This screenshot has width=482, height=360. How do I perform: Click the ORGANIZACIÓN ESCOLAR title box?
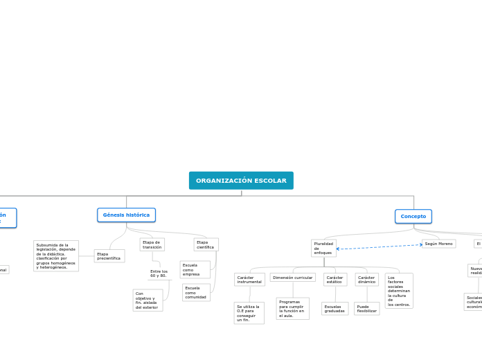[x=241, y=181]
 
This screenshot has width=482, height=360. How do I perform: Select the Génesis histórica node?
[x=126, y=215]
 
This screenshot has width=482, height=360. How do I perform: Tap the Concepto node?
[x=413, y=217]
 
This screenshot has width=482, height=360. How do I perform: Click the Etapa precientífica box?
[x=109, y=256]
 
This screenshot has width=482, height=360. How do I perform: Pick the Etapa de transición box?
[x=152, y=244]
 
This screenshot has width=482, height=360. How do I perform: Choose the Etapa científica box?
[x=206, y=244]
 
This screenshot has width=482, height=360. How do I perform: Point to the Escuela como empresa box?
[x=194, y=269]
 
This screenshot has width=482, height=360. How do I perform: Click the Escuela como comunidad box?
[x=196, y=292]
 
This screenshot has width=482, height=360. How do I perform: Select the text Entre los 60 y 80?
[x=159, y=273]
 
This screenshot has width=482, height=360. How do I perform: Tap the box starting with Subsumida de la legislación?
[x=56, y=256]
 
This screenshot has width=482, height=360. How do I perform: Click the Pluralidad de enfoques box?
[x=323, y=248]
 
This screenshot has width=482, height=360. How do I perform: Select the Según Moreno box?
[x=438, y=244]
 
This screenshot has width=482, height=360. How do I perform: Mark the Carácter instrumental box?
[x=249, y=280]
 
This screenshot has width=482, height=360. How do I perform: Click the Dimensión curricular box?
[x=292, y=278]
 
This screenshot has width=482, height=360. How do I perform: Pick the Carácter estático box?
[x=334, y=280]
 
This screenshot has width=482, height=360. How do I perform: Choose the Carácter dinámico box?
[x=366, y=280]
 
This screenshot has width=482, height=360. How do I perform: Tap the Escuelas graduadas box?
[x=334, y=308]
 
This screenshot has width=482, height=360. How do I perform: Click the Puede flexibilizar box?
[x=366, y=308]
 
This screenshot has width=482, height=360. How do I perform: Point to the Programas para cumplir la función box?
[x=292, y=308]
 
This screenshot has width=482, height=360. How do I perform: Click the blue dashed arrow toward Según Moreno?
[x=379, y=246]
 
